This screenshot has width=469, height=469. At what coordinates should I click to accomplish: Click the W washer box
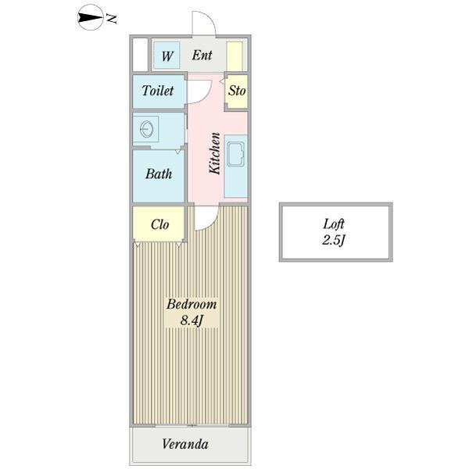pos(166,55)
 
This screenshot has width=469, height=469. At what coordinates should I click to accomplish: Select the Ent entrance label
pos(202,55)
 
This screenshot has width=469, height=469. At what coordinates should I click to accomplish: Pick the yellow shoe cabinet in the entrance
pos(234,55)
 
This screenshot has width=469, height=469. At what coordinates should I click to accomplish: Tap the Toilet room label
pos(158,91)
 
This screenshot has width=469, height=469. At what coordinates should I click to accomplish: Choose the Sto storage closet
pos(237,91)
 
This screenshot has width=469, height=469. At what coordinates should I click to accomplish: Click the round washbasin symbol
pos(146,127)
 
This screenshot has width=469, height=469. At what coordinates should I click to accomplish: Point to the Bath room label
pos(159,174)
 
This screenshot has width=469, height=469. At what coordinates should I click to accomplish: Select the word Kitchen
pos(213,152)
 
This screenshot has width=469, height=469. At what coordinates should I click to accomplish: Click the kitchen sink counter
pos(235,166)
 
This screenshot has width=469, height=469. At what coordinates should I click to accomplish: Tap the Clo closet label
pos(159,224)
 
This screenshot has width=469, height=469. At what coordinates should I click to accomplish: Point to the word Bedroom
pos(191,305)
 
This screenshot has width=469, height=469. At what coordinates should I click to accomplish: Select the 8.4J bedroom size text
pos(191,321)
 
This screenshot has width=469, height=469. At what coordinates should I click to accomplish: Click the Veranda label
pos(185,445)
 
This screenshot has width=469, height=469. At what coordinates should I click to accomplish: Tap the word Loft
pos(336,224)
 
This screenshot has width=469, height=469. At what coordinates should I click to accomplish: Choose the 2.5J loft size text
pos(335,240)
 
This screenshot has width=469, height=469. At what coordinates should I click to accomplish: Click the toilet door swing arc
pos(196,91)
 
